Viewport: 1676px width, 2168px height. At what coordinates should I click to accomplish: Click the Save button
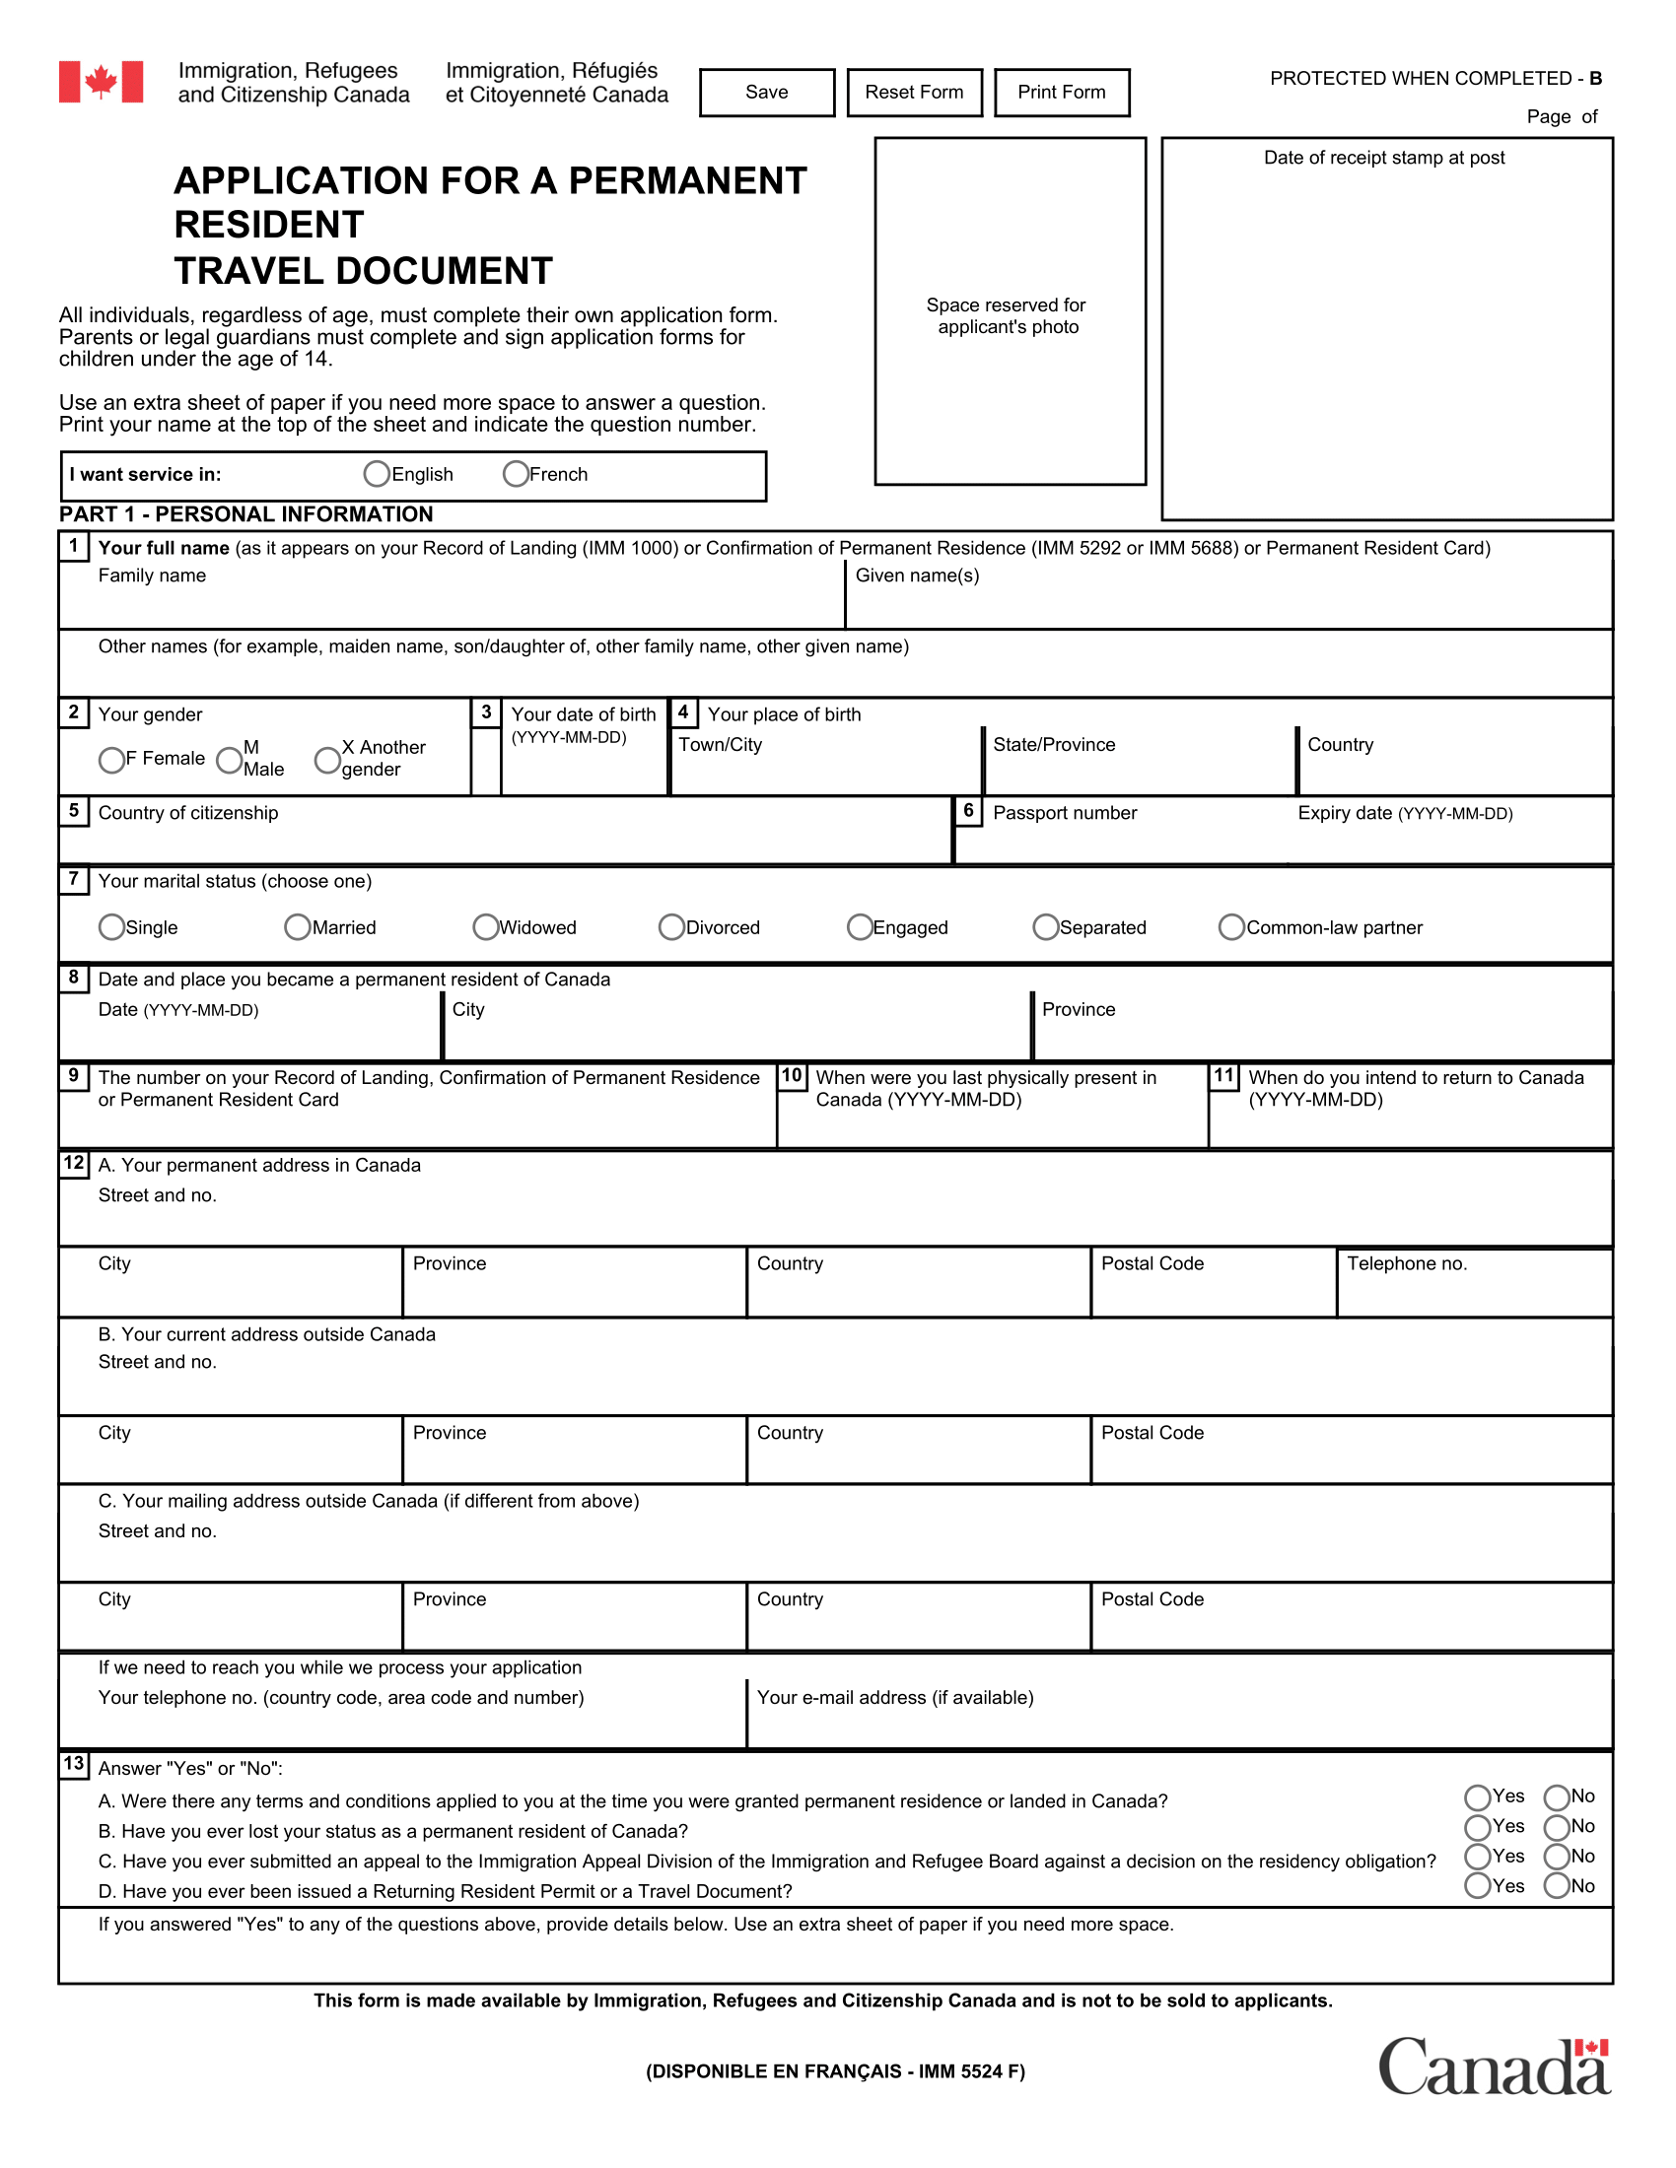pyautogui.click(x=766, y=93)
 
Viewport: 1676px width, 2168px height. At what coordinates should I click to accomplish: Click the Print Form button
pyautogui.click(x=1062, y=93)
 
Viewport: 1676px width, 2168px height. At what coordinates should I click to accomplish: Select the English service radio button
pyautogui.click(x=377, y=475)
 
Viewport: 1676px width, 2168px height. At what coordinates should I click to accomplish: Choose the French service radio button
pyautogui.click(x=516, y=475)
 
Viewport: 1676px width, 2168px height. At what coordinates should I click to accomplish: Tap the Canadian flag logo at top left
pyautogui.click(x=101, y=82)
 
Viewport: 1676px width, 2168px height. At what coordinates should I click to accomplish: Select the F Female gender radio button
pyautogui.click(x=111, y=761)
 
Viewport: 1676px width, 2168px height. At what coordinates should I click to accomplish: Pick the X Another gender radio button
pyautogui.click(x=326, y=761)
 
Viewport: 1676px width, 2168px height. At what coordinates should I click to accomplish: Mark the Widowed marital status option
pyautogui.click(x=485, y=927)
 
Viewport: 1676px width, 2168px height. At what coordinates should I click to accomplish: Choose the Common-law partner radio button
pyautogui.click(x=1231, y=927)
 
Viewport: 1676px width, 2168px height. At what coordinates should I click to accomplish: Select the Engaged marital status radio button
pyautogui.click(x=860, y=927)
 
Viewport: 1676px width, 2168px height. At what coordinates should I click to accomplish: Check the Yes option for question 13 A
pyautogui.click(x=1478, y=1797)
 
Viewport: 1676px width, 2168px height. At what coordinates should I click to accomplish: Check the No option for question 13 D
pyautogui.click(x=1556, y=1887)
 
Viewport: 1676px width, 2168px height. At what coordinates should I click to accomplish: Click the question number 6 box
pyautogui.click(x=968, y=811)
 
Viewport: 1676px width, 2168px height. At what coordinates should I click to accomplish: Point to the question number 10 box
pyautogui.click(x=792, y=1076)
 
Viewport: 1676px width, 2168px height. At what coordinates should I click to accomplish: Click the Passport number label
pyautogui.click(x=1065, y=813)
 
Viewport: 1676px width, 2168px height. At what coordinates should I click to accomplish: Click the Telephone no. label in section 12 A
pyautogui.click(x=1406, y=1263)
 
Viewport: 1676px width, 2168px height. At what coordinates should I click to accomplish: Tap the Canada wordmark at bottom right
pyautogui.click(x=1494, y=2067)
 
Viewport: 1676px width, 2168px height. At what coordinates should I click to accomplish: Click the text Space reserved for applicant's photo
pyautogui.click(x=1007, y=315)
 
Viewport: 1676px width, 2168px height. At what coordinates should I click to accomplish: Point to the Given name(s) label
pyautogui.click(x=917, y=576)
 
